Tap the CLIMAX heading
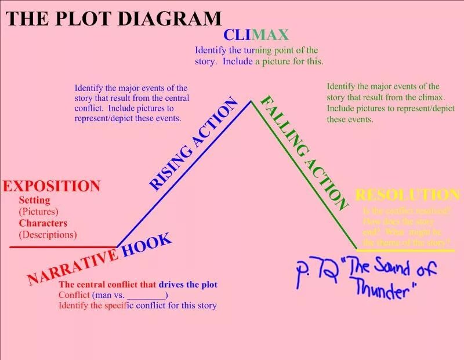256,35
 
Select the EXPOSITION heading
52,186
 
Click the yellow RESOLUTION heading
407,195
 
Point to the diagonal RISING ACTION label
193,144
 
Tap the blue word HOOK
147,245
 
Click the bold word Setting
35,201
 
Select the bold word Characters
43,223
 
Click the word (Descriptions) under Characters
48,235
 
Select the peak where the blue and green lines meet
251,101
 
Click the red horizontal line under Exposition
63,247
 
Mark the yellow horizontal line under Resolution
405,249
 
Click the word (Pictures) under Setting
39,212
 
